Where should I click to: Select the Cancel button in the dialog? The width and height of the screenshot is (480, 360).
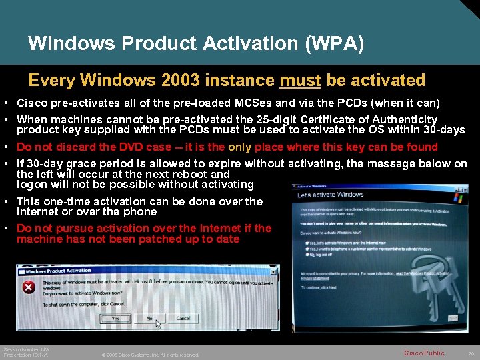point(183,319)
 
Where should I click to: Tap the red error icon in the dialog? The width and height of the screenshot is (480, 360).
point(29,287)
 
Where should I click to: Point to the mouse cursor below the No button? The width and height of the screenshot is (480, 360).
point(158,325)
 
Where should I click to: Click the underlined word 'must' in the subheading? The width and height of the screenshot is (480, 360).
point(300,81)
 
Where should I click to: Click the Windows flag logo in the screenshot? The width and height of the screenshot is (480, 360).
point(458,197)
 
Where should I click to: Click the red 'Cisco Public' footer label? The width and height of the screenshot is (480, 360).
point(424,352)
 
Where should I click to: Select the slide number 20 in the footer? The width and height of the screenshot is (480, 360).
point(471,352)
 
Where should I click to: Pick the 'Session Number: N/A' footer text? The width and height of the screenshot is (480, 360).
point(26,349)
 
